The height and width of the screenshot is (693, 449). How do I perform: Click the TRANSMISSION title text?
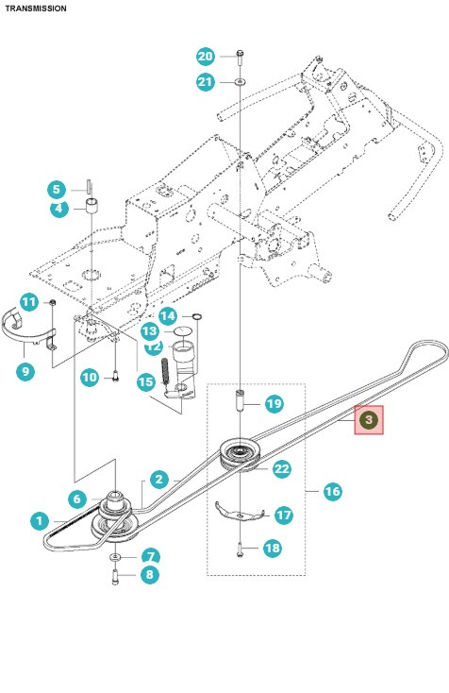(36, 8)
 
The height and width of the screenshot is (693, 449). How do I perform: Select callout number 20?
(206, 56)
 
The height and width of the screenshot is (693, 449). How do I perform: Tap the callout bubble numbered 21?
(206, 82)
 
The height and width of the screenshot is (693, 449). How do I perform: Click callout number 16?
(332, 491)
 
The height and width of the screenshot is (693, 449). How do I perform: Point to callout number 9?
(25, 371)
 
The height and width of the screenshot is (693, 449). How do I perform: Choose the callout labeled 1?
(39, 519)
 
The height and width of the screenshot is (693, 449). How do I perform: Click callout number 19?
(274, 404)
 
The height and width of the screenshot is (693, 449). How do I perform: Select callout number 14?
(167, 315)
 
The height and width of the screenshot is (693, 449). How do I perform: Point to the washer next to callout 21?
(241, 83)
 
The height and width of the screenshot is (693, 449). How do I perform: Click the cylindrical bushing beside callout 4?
(92, 206)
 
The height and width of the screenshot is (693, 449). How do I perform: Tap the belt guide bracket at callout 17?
(238, 512)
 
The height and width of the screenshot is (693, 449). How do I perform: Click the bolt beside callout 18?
(241, 548)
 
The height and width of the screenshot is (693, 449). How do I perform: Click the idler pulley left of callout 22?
(238, 453)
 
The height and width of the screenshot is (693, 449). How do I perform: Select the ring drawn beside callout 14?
(195, 316)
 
